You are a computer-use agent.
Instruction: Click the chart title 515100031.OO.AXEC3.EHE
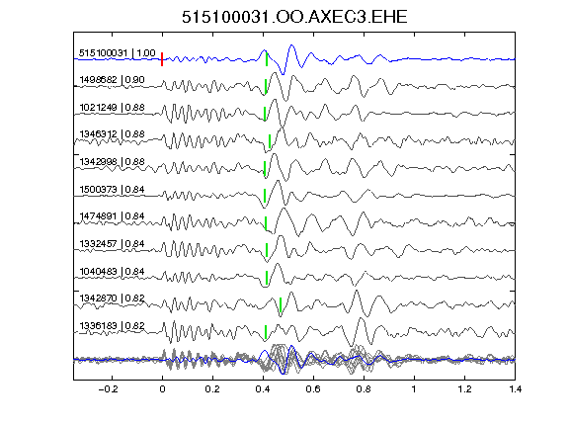pos(294,17)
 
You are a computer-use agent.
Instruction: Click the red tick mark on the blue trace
pos(162,59)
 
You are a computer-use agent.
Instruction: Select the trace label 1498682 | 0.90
pos(113,80)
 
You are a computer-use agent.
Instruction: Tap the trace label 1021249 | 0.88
pos(113,108)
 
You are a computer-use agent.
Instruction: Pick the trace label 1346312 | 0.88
pos(113,134)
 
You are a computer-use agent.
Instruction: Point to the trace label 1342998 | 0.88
pos(113,161)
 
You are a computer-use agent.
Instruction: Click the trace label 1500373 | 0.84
pos(113,189)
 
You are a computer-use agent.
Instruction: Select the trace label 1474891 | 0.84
pos(113,216)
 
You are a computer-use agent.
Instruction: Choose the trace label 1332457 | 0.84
pos(113,243)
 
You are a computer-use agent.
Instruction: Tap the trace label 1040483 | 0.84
pos(113,271)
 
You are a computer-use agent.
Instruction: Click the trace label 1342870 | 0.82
pos(113,299)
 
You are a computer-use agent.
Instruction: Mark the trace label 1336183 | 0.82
pos(113,326)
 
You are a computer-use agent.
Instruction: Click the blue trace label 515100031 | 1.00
pos(118,53)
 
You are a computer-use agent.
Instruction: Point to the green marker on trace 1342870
pos(281,304)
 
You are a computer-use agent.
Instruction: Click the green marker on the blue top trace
pos(267,59)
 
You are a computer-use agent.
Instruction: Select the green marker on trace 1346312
pos(270,141)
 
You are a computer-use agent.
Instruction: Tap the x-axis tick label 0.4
pos(263,389)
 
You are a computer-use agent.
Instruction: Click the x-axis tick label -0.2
pos(109,389)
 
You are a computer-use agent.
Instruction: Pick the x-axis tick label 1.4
pos(515,389)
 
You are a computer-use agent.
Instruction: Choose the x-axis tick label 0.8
pos(364,389)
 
